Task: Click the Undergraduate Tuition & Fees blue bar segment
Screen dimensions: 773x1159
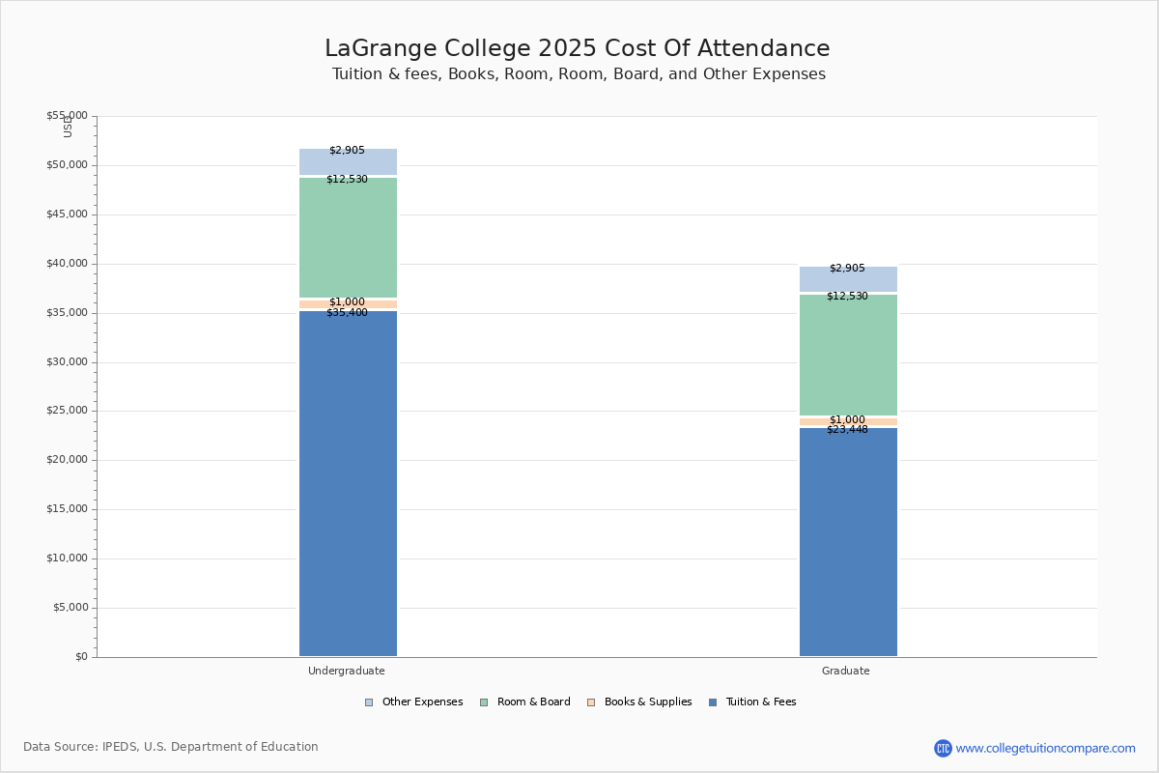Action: pos(348,483)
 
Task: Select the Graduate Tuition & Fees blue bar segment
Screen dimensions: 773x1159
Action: pos(848,541)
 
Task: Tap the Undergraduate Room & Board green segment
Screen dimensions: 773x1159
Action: pos(348,238)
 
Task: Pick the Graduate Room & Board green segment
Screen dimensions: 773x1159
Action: pos(848,356)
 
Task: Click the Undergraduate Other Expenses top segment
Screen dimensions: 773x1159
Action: pos(348,162)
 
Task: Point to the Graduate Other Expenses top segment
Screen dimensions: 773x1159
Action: pos(848,280)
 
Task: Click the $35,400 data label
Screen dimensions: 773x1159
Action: pos(347,313)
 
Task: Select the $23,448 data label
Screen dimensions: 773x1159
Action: pos(847,430)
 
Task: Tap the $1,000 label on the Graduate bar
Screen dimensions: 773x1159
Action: pos(847,419)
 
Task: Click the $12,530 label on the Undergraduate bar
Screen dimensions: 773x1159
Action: pos(347,180)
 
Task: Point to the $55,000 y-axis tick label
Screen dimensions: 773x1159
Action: pos(67,116)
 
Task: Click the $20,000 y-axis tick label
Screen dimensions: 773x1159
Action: pos(67,460)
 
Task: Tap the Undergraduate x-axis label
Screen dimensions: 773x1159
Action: pos(347,671)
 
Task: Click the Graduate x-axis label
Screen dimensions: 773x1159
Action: pos(846,671)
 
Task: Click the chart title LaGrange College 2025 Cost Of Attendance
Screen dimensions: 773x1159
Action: pos(578,49)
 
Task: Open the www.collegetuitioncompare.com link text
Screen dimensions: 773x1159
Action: pos(1045,748)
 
